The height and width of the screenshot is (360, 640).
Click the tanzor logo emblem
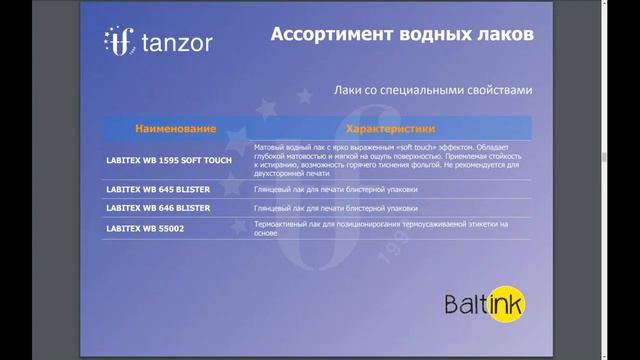119,42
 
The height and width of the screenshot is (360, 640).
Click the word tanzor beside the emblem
176,43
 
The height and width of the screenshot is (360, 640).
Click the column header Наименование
175,129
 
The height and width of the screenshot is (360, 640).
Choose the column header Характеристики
390,129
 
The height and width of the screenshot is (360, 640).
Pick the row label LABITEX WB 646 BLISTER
158,208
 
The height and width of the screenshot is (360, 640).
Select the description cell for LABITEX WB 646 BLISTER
336,208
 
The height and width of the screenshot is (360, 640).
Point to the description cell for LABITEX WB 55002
380,227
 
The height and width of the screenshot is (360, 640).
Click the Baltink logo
484,303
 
